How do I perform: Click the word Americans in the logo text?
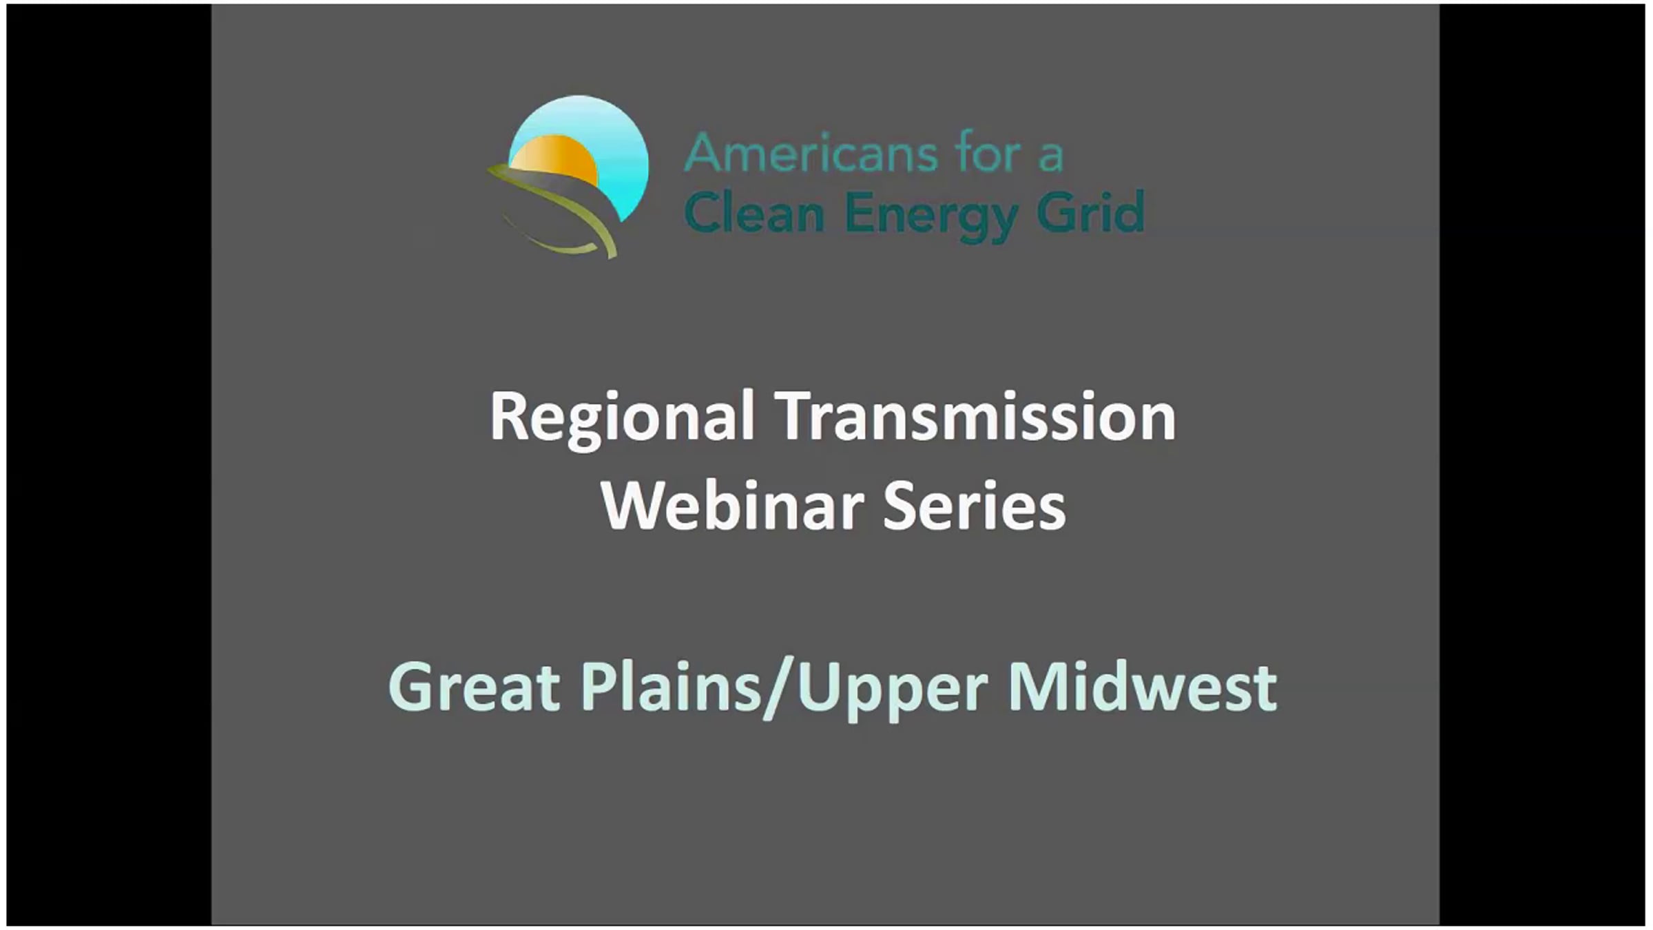point(811,152)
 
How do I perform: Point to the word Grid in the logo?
point(1090,212)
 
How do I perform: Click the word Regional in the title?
point(622,419)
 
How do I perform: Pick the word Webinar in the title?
point(733,506)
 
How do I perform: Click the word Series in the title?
point(975,506)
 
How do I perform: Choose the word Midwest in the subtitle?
point(1143,686)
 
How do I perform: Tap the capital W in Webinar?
point(636,506)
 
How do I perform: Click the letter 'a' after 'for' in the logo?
point(1052,157)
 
